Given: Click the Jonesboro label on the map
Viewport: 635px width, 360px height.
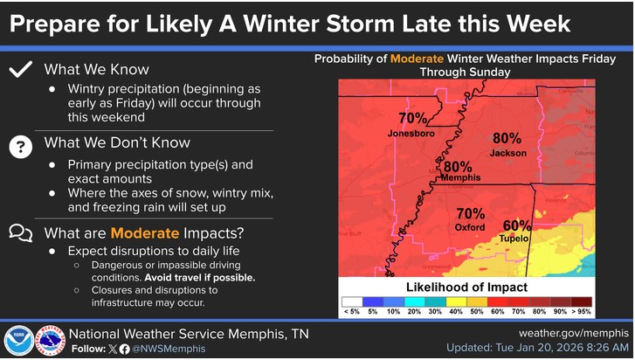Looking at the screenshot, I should pos(411,134).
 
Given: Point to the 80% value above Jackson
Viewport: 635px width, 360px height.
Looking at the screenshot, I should pos(507,138).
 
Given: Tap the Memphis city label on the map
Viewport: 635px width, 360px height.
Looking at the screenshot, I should pos(460,177).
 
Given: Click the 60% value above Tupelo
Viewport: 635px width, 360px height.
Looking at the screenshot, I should pos(517,225).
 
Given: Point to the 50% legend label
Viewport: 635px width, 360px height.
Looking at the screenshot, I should pos(477,310).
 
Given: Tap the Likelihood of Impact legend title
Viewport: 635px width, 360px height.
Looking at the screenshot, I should pos(466,287).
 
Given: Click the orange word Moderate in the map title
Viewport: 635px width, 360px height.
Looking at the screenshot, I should pos(420,59).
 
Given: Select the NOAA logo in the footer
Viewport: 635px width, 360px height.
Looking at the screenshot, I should pos(18,341).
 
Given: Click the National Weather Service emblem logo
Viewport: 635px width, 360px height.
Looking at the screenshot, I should pos(49,341).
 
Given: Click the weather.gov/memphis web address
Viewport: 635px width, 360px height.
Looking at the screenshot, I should pos(574,333).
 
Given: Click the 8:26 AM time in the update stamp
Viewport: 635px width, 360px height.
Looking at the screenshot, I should pos(603,348).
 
